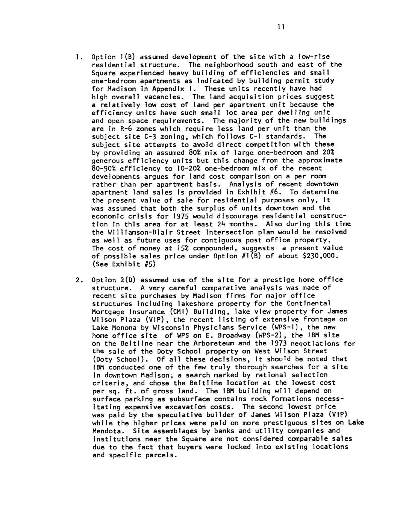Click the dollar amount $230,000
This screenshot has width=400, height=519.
click(323, 256)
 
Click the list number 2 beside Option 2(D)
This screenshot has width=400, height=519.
click(77, 280)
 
